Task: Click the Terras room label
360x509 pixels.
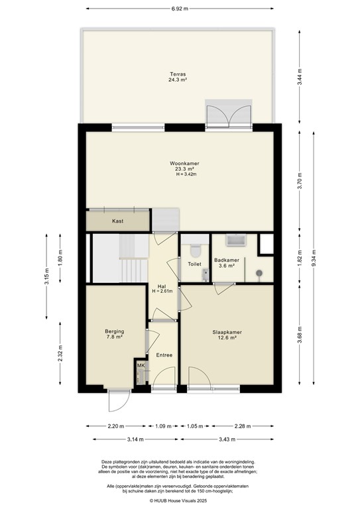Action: (x=177, y=74)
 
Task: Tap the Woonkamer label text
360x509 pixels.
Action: (x=184, y=163)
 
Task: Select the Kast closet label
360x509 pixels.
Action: (x=118, y=221)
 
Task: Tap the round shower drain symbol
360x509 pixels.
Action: (x=259, y=272)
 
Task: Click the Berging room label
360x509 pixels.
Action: (x=114, y=331)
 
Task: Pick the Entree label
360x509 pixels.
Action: (x=163, y=355)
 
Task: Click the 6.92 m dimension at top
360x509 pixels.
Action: (x=179, y=9)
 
